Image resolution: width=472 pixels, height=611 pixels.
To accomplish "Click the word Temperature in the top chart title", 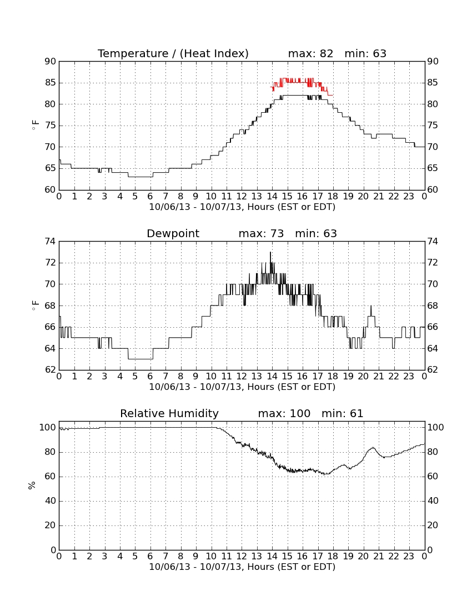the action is coord(133,53).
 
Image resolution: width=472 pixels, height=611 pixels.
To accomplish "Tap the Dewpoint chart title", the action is coord(173,233).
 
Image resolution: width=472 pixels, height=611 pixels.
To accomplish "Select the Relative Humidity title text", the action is coord(169,413).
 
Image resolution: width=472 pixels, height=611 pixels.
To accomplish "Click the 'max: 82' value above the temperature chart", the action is coord(311,53).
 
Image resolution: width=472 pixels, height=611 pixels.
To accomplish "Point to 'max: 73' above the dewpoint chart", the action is coord(262,233).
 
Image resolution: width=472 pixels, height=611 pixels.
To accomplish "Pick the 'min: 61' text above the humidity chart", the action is coord(342,413).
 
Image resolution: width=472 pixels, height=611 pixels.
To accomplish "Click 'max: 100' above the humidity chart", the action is coord(284,413).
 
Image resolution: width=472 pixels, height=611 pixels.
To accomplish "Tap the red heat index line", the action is coord(302,82).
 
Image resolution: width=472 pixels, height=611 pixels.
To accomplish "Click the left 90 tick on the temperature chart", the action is coord(51,61).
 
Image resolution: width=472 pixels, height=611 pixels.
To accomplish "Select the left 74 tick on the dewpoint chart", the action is coord(51,242).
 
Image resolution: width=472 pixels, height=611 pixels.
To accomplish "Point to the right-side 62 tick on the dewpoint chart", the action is coord(433,369).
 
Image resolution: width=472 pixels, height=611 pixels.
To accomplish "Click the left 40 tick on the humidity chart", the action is coord(51,500).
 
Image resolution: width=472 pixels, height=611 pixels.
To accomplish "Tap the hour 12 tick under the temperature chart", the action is coord(242,197).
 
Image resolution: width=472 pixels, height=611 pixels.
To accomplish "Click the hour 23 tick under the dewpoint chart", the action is coord(409,377).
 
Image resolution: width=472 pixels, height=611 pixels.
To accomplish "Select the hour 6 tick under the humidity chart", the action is coord(150,557).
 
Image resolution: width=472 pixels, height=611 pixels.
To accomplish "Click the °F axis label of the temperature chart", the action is coord(35,126).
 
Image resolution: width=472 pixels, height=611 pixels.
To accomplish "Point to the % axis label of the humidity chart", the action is coord(32,485).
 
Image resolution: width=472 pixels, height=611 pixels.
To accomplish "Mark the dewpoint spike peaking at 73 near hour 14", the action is coord(270,253).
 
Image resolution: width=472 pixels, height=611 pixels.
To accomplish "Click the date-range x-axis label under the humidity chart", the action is coord(242,567).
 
